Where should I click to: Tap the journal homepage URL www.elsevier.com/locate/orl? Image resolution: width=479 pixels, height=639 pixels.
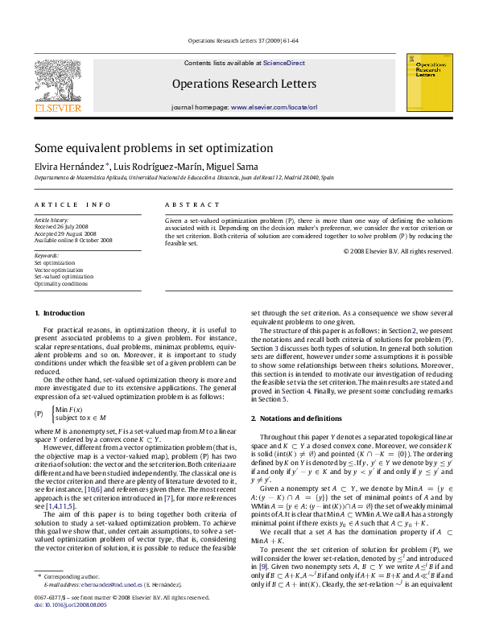point(274,106)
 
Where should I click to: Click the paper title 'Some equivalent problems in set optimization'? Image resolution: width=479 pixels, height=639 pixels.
point(153,148)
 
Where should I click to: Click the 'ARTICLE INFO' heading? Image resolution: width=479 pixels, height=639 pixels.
point(72,206)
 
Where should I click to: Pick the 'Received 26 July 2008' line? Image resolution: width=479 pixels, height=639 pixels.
point(60,225)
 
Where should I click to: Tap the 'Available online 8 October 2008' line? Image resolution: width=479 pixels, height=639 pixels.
point(72,240)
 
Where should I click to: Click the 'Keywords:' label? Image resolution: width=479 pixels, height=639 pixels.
point(46,255)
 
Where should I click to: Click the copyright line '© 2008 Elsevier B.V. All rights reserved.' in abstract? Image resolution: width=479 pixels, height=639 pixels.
point(398,251)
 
